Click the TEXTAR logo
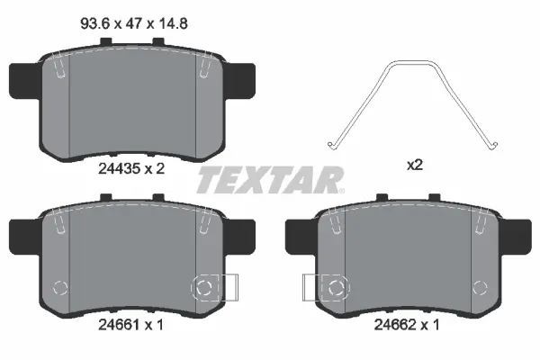click(x=270, y=180)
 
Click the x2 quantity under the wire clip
click(x=415, y=166)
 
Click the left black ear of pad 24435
click(x=23, y=81)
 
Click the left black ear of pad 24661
click(x=23, y=236)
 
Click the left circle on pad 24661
click(x=60, y=288)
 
